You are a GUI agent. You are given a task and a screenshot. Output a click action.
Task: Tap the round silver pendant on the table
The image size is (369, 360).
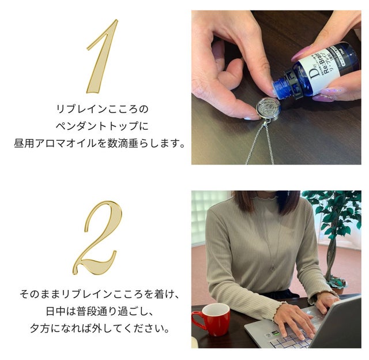(268, 108)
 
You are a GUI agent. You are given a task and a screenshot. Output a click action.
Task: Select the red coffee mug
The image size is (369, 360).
(211, 319)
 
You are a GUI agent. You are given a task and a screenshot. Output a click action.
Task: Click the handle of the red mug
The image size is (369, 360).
(197, 320)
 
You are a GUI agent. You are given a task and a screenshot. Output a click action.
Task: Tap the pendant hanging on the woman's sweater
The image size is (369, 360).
(274, 267)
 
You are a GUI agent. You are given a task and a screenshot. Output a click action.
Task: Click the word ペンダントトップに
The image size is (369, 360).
(102, 126)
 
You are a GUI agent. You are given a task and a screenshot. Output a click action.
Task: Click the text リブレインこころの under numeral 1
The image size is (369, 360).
(102, 109)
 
